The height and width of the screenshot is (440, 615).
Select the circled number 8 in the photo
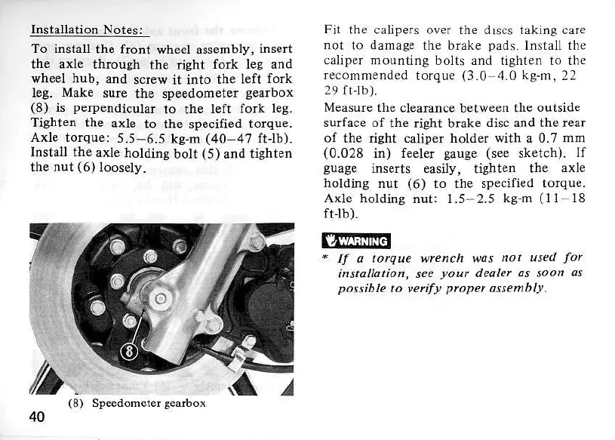coord(132,352)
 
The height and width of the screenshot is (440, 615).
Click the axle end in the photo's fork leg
coord(160,300)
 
